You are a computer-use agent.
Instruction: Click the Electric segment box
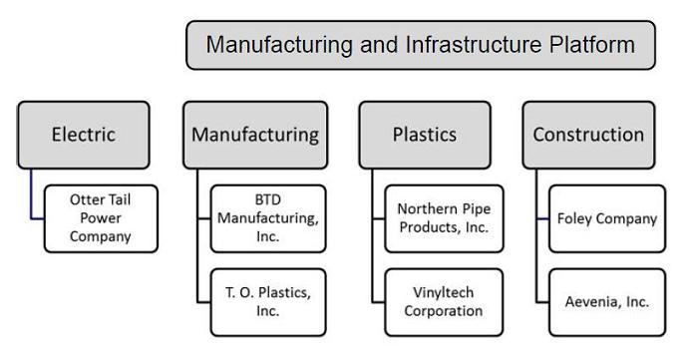click(x=84, y=135)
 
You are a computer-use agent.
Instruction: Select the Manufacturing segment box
click(x=255, y=135)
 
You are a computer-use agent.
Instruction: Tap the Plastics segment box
click(x=425, y=135)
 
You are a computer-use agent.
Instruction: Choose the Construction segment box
click(x=588, y=135)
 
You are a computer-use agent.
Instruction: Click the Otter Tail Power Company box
click(x=101, y=218)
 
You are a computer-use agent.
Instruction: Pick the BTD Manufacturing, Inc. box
click(x=268, y=218)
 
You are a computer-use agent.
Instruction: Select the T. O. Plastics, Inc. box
click(x=268, y=302)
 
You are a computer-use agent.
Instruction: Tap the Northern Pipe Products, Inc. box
click(x=444, y=218)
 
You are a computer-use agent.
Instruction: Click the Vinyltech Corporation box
click(x=444, y=302)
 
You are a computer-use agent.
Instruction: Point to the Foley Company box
click(x=607, y=218)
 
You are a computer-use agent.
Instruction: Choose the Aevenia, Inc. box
click(x=607, y=302)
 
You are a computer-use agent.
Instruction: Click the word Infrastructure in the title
click(x=474, y=45)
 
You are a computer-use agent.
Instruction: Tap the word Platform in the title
click(x=592, y=45)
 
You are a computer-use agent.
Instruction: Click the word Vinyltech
click(x=444, y=293)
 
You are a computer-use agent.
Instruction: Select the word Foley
click(x=573, y=218)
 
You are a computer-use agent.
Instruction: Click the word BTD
click(x=268, y=199)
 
